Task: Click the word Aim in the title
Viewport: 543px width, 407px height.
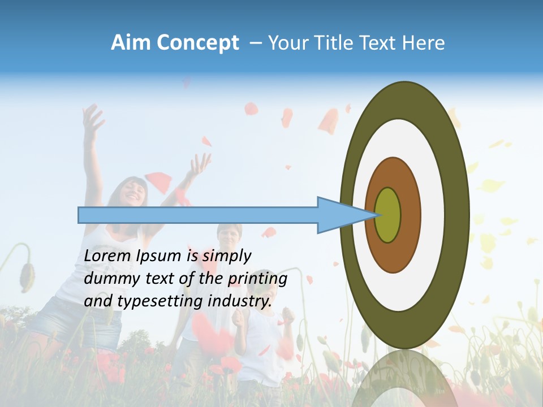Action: [x=131, y=43]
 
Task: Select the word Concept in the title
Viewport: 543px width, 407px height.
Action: [x=198, y=44]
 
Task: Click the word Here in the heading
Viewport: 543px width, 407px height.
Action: [x=423, y=43]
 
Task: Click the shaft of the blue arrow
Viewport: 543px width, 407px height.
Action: [x=198, y=215]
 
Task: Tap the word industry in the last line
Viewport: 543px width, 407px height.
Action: [x=240, y=301]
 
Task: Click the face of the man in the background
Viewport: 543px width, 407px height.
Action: [x=229, y=236]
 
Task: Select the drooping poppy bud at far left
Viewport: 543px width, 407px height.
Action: [x=25, y=276]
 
